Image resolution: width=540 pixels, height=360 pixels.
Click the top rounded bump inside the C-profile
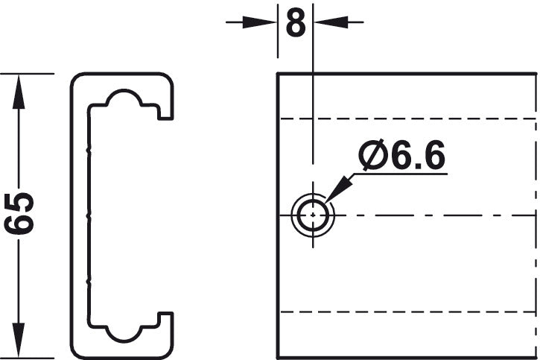click(123, 100)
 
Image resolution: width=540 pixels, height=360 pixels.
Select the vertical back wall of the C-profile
click(80, 216)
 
